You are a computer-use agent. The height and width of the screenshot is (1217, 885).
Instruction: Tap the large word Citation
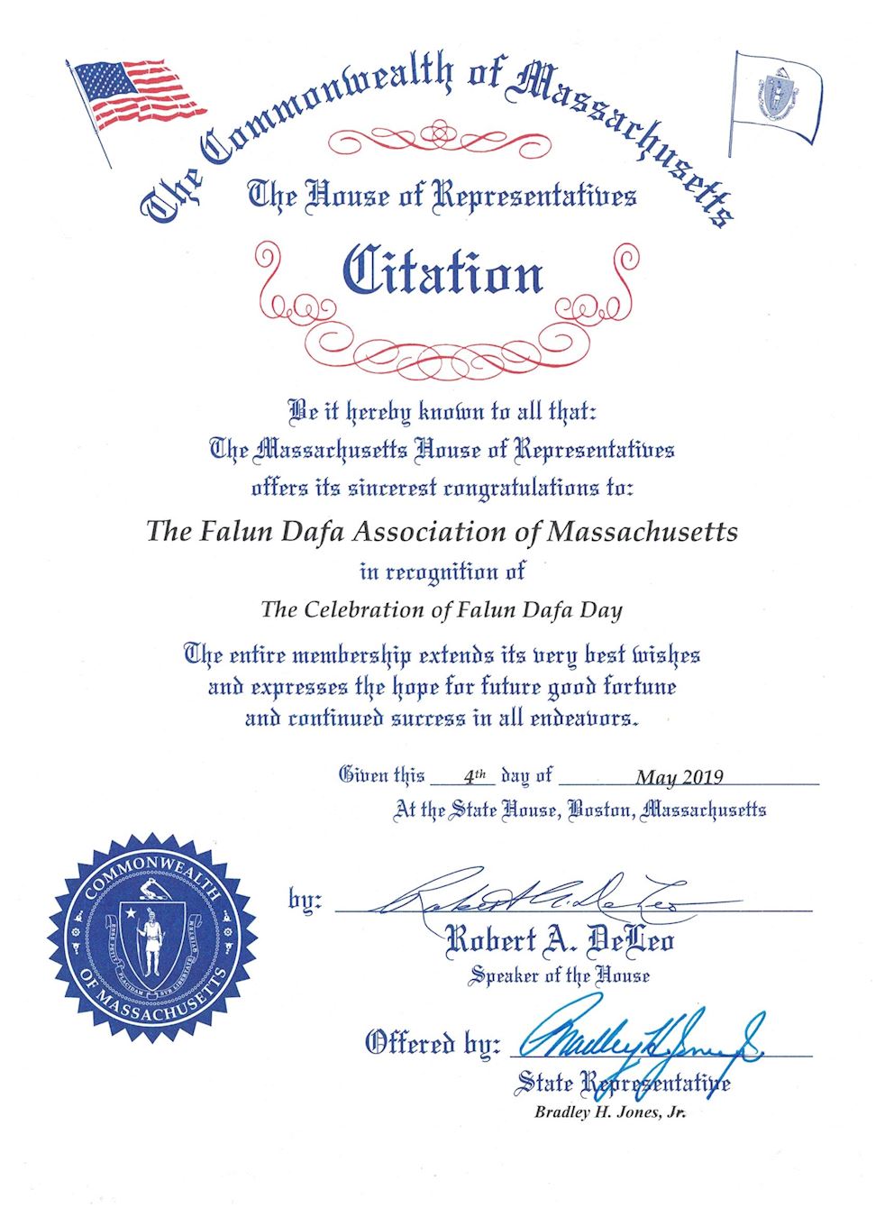point(442,271)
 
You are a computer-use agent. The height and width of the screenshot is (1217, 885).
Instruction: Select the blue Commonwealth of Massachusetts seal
point(153,938)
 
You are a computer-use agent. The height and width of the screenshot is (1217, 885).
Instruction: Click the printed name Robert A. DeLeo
point(560,941)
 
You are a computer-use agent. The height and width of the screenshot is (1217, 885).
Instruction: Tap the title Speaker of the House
point(559,975)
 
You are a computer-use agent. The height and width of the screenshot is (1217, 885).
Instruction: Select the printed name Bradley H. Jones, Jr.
point(610,1112)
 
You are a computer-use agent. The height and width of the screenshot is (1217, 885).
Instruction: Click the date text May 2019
point(680,777)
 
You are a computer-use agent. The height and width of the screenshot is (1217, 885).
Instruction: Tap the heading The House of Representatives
point(442,196)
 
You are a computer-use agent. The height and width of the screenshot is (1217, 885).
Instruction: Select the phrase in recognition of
point(442,572)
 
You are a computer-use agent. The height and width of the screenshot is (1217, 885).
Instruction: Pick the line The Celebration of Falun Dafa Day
point(442,609)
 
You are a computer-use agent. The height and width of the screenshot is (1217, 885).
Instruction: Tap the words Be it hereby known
point(388,412)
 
